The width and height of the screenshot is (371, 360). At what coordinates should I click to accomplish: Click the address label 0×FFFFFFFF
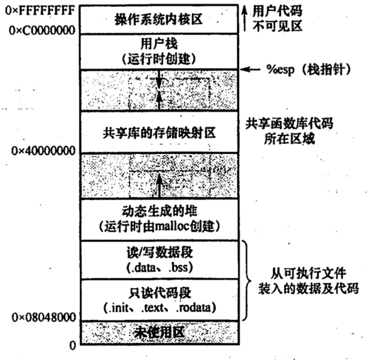(37, 10)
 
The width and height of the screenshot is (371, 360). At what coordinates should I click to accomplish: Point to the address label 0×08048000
(40, 316)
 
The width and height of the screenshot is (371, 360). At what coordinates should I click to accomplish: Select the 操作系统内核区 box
(159, 19)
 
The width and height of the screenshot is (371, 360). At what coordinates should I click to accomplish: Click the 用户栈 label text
(159, 44)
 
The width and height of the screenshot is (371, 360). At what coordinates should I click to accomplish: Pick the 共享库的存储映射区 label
(159, 129)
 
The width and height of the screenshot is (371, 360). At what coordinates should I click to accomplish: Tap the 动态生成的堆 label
(159, 213)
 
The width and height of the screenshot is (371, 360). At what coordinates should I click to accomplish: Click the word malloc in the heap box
(168, 226)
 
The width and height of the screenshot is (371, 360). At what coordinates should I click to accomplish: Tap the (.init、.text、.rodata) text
(159, 309)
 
